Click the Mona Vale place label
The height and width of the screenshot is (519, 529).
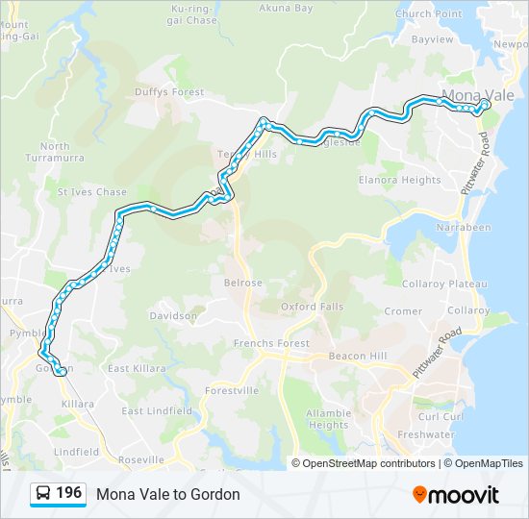478,96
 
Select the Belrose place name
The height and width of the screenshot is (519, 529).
242,283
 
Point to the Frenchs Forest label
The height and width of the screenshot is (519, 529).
271,343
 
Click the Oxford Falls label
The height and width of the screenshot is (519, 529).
312,307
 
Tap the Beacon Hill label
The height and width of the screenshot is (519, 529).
358,356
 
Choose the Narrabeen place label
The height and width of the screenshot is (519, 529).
464,228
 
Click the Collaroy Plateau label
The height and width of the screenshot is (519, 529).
444,284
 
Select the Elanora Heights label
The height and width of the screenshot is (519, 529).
399,180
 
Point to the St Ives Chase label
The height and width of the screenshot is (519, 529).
92,192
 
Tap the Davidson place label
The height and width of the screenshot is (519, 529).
173,315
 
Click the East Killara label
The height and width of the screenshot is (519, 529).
137,368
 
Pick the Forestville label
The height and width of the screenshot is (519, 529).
232,390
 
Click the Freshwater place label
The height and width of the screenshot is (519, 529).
426,434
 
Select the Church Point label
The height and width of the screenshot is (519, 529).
427,14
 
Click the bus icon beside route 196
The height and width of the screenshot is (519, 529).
43,494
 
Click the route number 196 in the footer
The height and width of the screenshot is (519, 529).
69,493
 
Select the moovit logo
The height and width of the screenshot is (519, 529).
456,495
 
